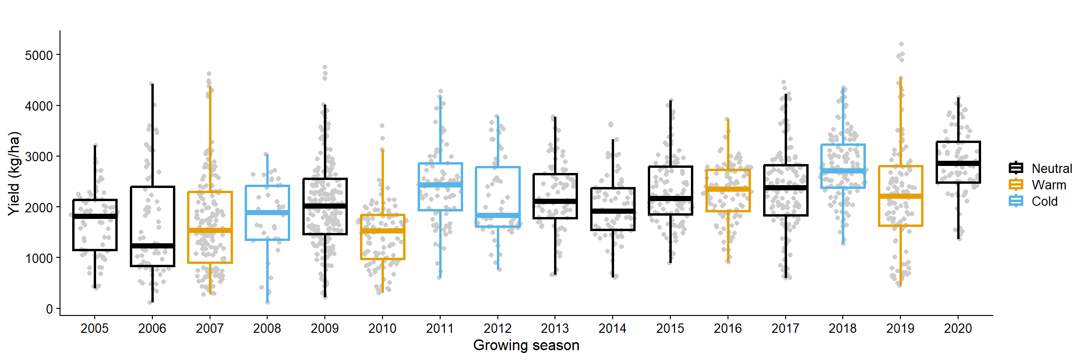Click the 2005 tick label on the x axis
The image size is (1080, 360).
[94, 328]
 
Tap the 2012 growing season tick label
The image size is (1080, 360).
[497, 328]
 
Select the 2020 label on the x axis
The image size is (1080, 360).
[958, 328]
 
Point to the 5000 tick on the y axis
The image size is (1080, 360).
[39, 55]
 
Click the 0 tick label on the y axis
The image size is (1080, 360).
[49, 309]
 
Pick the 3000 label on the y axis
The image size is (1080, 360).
[39, 157]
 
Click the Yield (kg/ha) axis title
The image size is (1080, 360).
[14, 173]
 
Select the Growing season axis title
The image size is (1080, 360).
[526, 345]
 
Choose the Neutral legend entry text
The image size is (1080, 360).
[1051, 168]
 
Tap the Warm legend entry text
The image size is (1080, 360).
[1049, 185]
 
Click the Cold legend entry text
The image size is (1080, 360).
[1044, 201]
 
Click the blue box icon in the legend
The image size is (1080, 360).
[1016, 201]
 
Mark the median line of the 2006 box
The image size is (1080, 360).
[152, 246]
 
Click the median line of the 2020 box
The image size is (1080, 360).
[958, 163]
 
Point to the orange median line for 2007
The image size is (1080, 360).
[210, 230]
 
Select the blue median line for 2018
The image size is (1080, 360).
[843, 171]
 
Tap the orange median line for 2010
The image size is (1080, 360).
[382, 231]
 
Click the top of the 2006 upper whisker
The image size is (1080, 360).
[152, 84]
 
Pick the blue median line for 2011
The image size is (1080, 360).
[440, 185]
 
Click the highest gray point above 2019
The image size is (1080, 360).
[901, 45]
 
